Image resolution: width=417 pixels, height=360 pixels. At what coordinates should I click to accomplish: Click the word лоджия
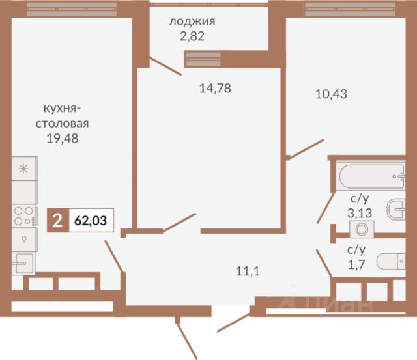(192, 21)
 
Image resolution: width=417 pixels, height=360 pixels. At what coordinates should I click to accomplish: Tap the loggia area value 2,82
(192, 36)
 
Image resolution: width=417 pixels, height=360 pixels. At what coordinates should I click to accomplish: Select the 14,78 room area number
(215, 88)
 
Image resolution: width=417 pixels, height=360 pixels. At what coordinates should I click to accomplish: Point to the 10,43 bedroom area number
(331, 94)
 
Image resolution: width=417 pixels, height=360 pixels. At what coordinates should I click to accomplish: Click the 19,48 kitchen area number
(63, 138)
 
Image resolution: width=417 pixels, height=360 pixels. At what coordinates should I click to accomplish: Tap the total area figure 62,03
(91, 221)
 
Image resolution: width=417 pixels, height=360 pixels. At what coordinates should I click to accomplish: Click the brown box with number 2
(58, 220)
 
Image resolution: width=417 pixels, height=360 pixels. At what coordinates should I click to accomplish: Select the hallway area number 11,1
(248, 271)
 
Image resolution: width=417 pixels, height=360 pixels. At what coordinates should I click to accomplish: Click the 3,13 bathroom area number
(360, 213)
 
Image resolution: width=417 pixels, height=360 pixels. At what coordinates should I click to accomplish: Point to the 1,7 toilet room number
(356, 264)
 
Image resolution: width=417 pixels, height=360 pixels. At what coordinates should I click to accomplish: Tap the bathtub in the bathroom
(371, 176)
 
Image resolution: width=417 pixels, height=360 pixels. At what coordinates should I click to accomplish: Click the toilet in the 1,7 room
(391, 261)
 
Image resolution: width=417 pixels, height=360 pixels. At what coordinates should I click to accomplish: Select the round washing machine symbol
(362, 229)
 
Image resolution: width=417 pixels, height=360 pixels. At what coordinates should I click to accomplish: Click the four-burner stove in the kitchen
(24, 215)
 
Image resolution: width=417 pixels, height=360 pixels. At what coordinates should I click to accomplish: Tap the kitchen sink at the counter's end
(23, 263)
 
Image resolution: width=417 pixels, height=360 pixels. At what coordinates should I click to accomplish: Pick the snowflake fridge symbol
(24, 169)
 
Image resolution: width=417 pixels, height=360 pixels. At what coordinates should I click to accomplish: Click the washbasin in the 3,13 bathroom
(396, 209)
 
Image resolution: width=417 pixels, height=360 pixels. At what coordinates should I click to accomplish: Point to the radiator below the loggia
(203, 59)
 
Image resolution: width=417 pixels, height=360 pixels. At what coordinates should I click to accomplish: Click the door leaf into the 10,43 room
(306, 149)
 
